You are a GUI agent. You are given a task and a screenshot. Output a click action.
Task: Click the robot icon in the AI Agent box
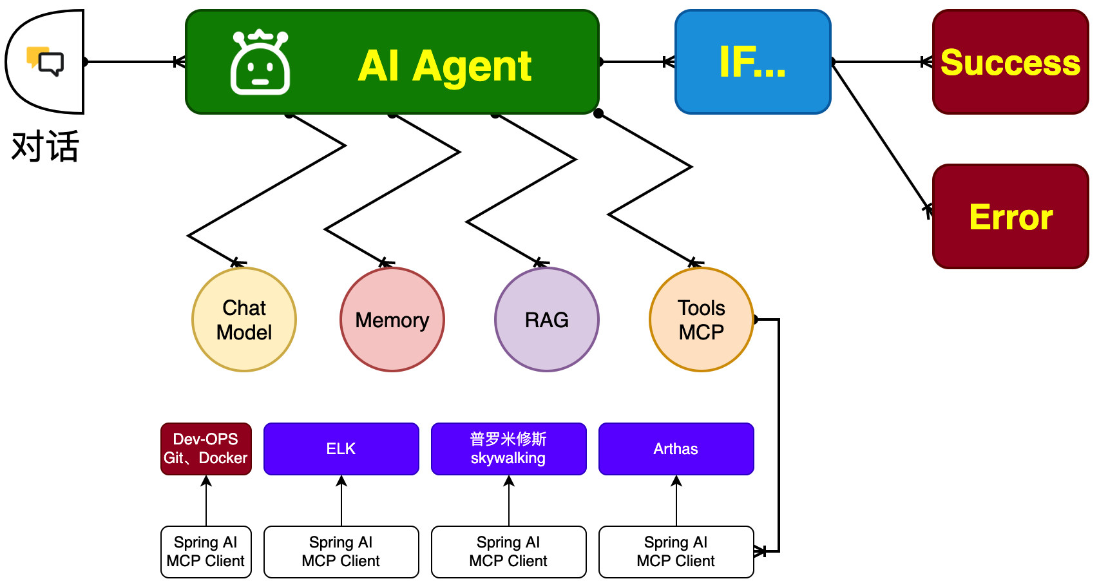coord(260,62)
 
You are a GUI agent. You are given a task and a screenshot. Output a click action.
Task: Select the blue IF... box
coord(752,62)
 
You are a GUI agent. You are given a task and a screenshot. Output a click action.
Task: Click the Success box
coord(1011,62)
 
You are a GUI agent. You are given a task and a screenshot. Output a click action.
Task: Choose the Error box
coord(1011,216)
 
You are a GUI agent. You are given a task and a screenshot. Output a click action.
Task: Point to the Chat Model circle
coord(244,319)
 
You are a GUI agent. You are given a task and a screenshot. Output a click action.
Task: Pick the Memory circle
coord(392,319)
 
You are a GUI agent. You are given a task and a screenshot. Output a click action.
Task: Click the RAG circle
coord(546,319)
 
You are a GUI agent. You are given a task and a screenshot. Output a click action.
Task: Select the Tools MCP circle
coord(701,319)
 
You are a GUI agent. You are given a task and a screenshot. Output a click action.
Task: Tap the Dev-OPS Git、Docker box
coord(206,448)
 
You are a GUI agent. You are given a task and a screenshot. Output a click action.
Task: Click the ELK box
coord(341,448)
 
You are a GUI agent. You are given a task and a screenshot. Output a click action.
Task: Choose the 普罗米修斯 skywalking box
coord(509,448)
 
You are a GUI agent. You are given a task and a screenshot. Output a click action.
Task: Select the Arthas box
coord(676,448)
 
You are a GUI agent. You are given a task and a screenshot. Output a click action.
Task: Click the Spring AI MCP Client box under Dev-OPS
coord(206,551)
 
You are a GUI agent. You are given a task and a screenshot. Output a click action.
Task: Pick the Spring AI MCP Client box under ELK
coord(341,551)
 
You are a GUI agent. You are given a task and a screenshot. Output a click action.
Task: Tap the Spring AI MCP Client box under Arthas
coord(676,551)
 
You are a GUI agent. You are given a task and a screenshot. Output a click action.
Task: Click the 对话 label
coord(44,146)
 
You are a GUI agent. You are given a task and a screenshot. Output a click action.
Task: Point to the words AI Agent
coord(444,66)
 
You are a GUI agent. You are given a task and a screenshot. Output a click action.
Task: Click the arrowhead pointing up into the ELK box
coord(341,481)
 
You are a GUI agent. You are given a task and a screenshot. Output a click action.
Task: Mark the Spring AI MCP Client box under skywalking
coord(509,551)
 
